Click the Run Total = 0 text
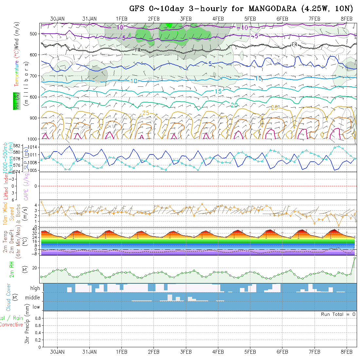338,314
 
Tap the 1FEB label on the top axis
122,19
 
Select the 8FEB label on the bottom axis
347,352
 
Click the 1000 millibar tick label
33,139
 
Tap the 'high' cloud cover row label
35,288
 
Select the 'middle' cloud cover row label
32,298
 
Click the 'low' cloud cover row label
36,307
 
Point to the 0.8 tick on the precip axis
37,318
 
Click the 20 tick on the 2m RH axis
36,268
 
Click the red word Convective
11,325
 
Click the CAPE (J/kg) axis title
26,186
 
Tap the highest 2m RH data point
354,258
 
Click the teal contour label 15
218,91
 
